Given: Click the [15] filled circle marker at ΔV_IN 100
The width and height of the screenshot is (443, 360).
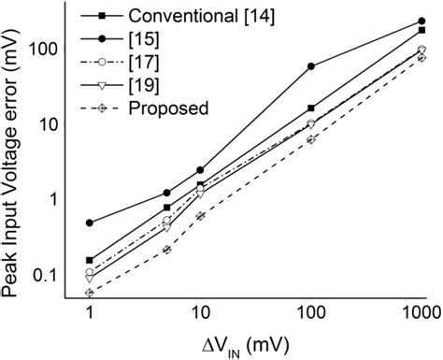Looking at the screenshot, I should click(311, 66).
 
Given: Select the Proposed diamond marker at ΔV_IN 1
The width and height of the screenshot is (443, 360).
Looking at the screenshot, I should click(90, 293).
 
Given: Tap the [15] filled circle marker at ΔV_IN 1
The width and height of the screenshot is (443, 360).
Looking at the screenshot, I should click(90, 223).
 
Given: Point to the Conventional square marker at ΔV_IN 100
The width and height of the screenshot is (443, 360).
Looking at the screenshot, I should click(311, 108).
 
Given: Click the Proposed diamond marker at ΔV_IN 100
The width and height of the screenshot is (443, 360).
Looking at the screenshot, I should click(311, 139).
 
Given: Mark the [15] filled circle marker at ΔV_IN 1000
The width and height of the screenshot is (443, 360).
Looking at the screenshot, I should click(422, 21).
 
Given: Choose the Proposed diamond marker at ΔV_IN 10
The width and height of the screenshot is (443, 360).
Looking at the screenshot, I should click(200, 216).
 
